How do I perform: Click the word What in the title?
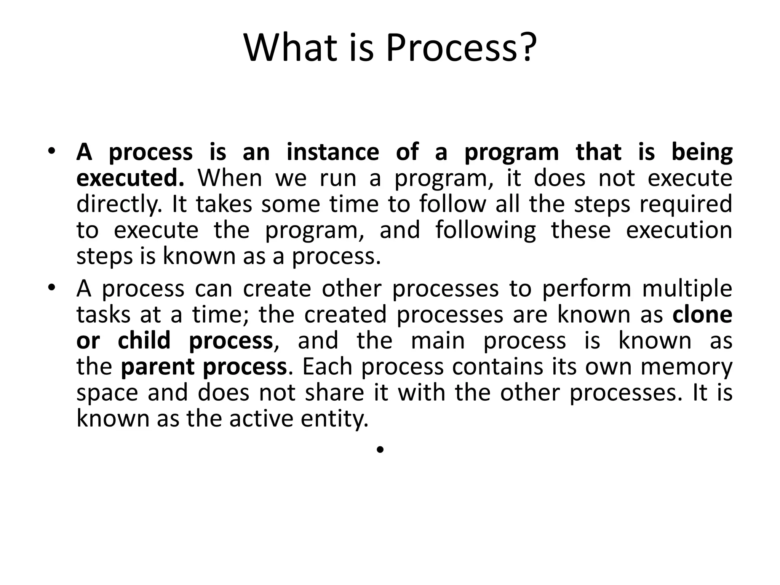point(290,48)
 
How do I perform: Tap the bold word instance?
point(332,152)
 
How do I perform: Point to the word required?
point(686,204)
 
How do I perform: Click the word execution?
point(679,230)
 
